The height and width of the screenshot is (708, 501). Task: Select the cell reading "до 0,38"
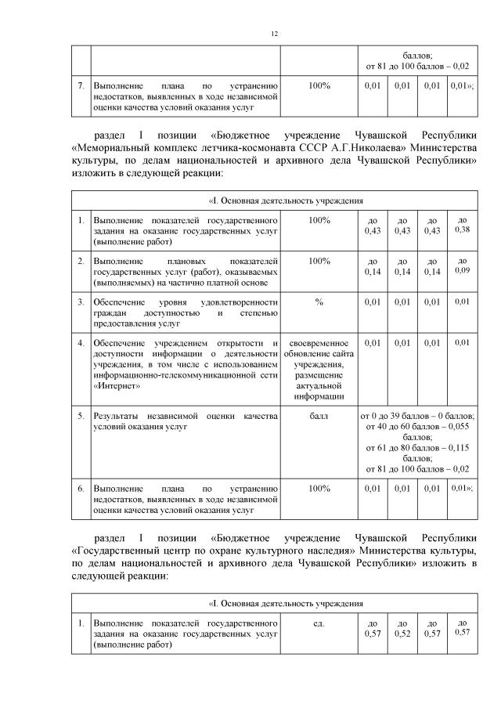(x=461, y=226)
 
